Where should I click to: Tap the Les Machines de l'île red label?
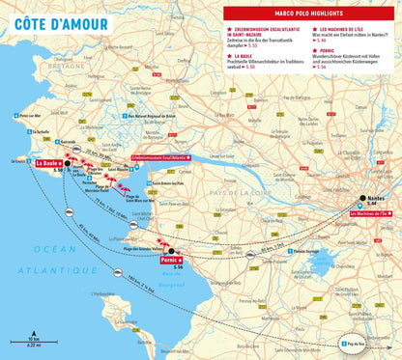click(368, 212)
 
